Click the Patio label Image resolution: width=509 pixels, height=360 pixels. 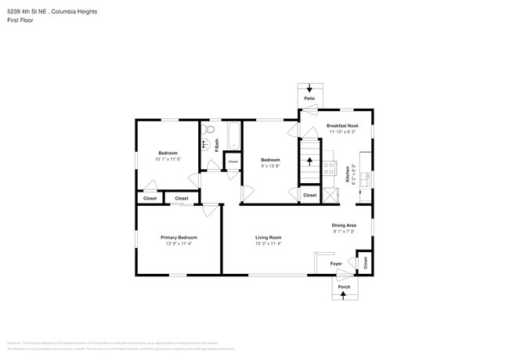coord(310,99)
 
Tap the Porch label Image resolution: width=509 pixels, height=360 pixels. coord(344,287)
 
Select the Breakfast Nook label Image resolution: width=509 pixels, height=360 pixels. coord(341,126)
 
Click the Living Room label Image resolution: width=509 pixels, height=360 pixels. coord(268,237)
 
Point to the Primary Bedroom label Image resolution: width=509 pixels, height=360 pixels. coord(179,237)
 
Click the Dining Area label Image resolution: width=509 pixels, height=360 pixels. coord(344,225)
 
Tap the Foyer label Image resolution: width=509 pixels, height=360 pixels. coord(336,264)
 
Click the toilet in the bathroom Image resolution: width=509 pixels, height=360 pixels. coord(208,130)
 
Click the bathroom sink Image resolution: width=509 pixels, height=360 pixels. coord(205,145)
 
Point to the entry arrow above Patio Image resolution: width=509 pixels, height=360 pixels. coord(310,88)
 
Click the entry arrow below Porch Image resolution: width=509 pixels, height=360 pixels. coord(344,298)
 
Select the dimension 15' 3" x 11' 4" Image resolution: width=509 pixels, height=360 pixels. coord(268,243)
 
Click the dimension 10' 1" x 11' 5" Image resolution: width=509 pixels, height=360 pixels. coord(168,159)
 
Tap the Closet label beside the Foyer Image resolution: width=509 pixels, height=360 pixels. coord(365,263)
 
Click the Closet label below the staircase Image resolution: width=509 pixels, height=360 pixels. coord(309,195)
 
